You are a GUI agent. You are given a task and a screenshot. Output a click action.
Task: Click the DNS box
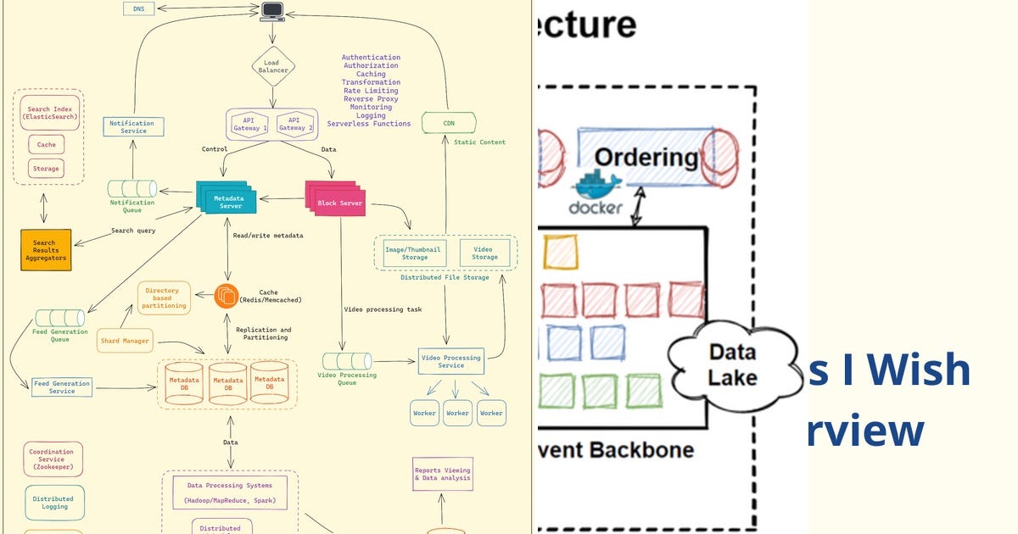(139, 8)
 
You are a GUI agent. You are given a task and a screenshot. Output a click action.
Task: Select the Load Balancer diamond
(273, 66)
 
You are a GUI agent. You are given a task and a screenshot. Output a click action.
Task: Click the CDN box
(449, 123)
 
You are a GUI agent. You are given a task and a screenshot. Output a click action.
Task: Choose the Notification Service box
(132, 127)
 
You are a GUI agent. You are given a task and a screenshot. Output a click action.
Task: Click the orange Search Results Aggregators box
(46, 249)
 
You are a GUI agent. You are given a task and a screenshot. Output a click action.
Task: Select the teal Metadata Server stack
(225, 198)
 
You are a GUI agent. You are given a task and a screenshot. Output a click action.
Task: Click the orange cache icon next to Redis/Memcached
(227, 295)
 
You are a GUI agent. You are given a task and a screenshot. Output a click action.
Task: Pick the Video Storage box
(485, 253)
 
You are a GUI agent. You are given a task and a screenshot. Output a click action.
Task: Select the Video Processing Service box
(450, 362)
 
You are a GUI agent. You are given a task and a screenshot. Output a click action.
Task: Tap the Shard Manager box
(125, 341)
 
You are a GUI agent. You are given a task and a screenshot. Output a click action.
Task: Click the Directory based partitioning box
(165, 298)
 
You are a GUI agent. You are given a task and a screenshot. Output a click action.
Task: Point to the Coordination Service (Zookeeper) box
(53, 459)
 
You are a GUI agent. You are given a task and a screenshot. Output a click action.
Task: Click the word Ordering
(646, 157)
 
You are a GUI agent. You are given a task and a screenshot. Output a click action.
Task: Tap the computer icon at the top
(272, 11)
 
